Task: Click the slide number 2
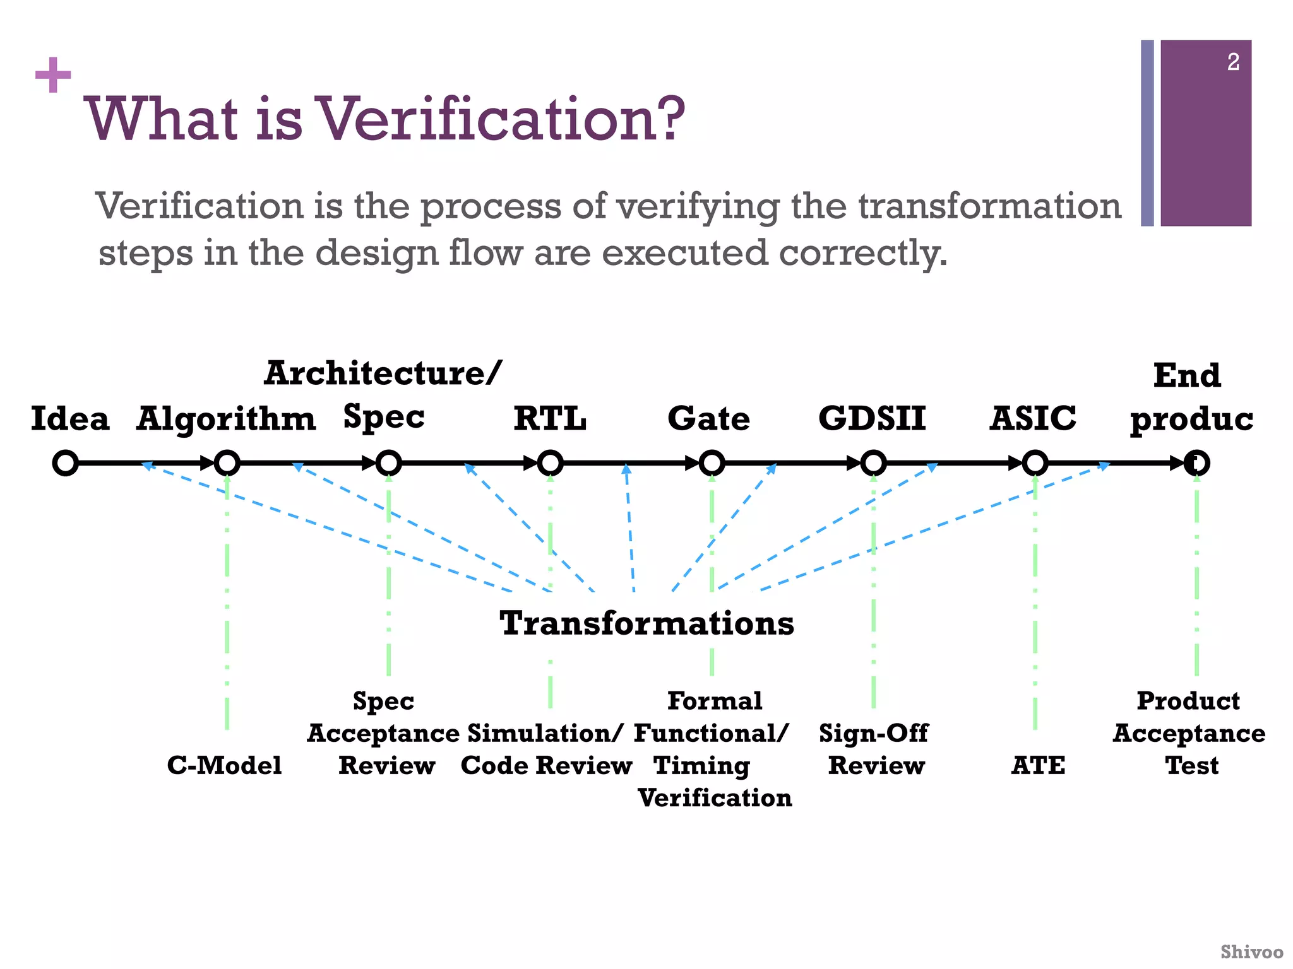(x=1233, y=62)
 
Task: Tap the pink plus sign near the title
(x=53, y=75)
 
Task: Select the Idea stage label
(x=70, y=419)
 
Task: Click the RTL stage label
(x=550, y=419)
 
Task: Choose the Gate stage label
(x=709, y=419)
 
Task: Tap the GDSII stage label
(x=872, y=419)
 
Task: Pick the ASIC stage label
(x=1033, y=419)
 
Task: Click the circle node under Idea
(x=66, y=463)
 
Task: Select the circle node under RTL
(x=550, y=463)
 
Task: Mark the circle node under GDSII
(x=873, y=463)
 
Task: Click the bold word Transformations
(x=646, y=623)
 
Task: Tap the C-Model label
(x=224, y=765)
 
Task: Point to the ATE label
(x=1038, y=765)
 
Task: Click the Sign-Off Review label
(x=874, y=749)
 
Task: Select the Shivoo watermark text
(x=1251, y=951)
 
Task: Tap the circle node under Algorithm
(x=227, y=463)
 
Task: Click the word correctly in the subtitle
(x=863, y=254)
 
